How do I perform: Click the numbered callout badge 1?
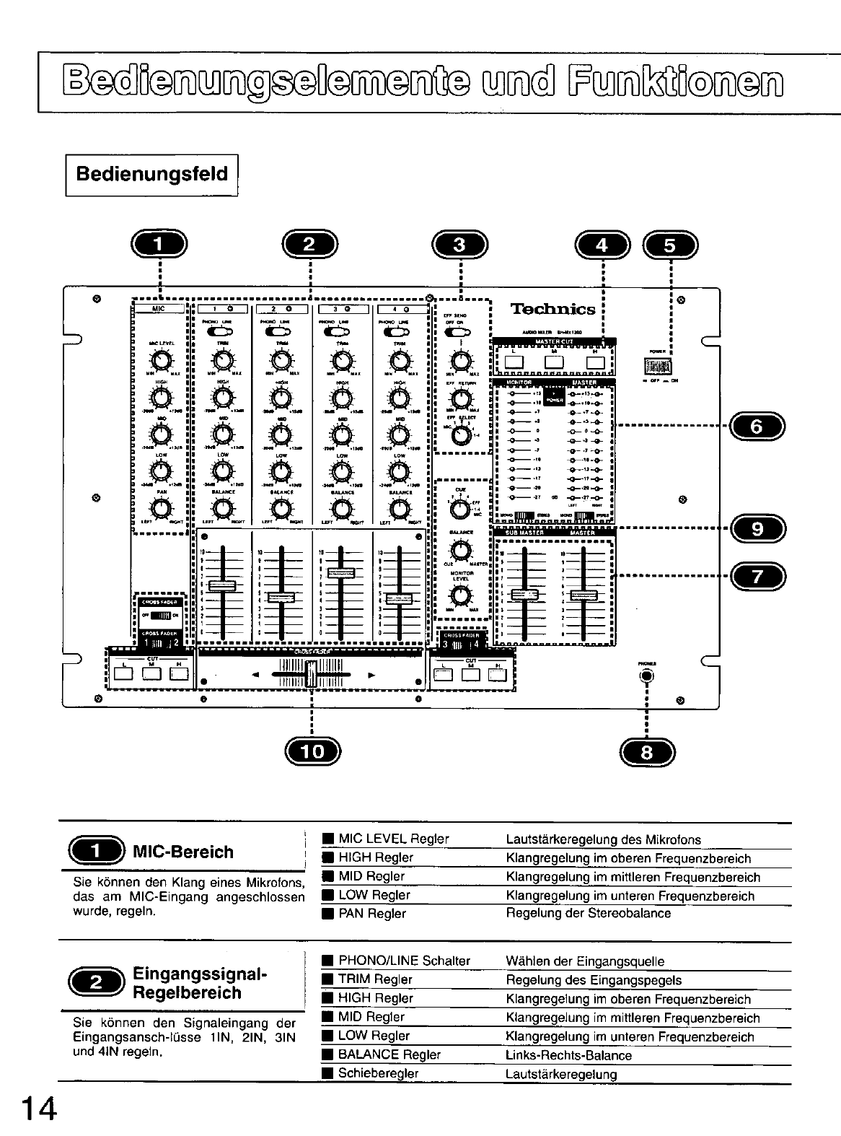pos(159,245)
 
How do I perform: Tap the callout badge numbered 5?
pos(671,245)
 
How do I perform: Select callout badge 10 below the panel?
pos(312,752)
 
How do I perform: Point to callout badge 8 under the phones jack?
pos(646,752)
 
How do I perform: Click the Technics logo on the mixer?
pos(553,310)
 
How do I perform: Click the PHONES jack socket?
pos(646,676)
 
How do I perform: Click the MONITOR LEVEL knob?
pos(459,595)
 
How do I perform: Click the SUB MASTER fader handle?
pos(524,594)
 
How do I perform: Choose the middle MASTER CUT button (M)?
pos(554,362)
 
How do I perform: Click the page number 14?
pos(38,1109)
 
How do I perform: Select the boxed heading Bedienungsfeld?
pos(151,174)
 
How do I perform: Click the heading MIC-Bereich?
pos(183,852)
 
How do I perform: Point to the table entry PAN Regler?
pos(371,914)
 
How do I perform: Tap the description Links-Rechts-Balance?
pos(569,1055)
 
